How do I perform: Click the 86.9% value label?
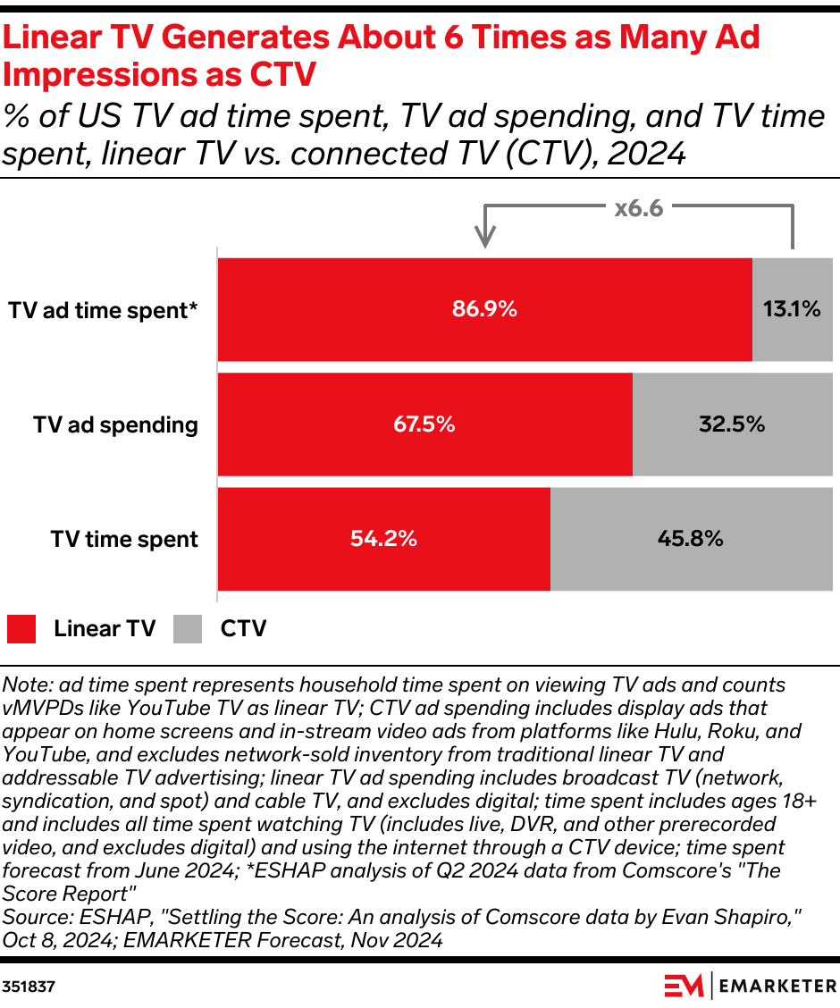pos(484,310)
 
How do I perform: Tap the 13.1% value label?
pos(792,310)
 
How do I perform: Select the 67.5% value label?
pos(424,424)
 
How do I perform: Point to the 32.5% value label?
pos(732,424)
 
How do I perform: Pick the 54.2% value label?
pos(383,539)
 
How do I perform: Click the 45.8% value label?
pos(691,539)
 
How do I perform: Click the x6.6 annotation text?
pos(638,209)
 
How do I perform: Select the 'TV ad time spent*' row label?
pos(103,310)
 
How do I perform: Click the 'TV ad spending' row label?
pos(115,424)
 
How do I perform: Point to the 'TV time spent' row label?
pos(124,539)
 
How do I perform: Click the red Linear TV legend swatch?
pos(21,629)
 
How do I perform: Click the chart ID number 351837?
pos(28,987)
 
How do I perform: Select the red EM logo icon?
pos(684,986)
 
